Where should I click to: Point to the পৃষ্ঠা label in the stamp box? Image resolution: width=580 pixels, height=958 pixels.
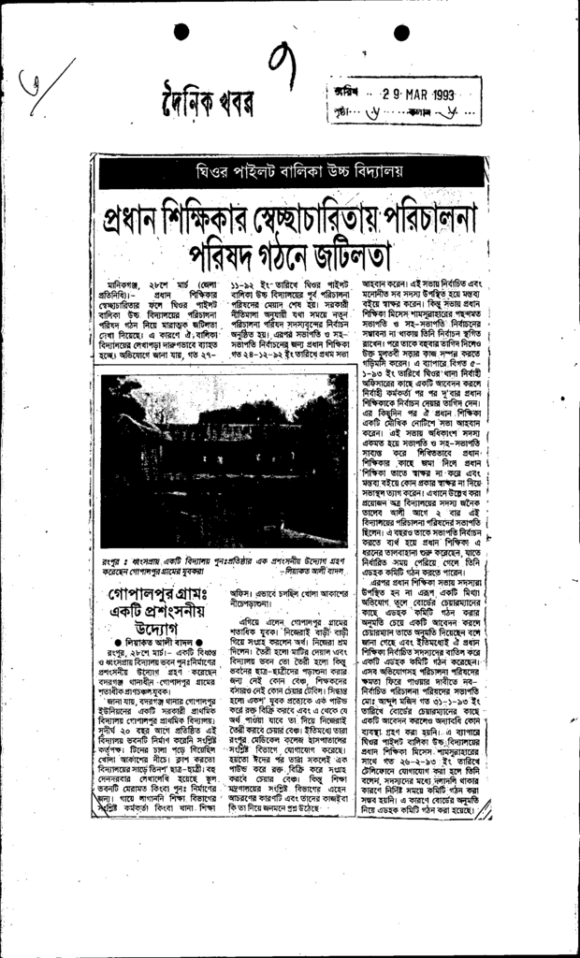point(340,115)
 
